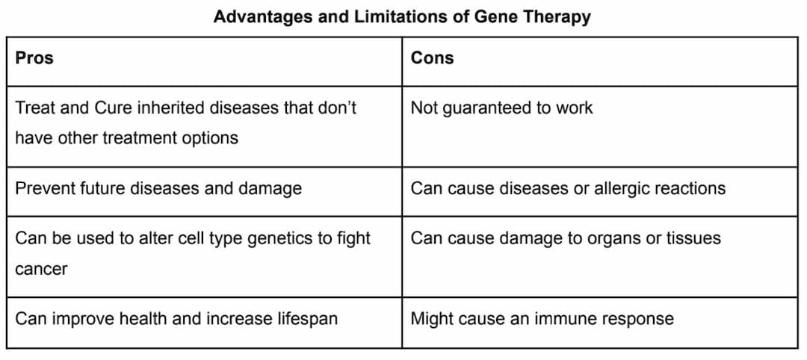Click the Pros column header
point(34,58)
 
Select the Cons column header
point(432,58)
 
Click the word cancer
point(41,269)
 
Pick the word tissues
point(693,238)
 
